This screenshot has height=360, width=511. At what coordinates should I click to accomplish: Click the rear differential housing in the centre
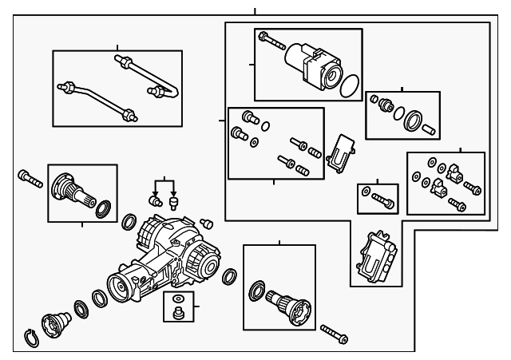[164, 255]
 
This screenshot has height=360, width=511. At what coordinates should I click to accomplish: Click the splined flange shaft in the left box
[72, 192]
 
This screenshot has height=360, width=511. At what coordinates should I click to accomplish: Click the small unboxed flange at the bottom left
[56, 322]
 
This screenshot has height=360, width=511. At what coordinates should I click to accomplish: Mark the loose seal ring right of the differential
[229, 276]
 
